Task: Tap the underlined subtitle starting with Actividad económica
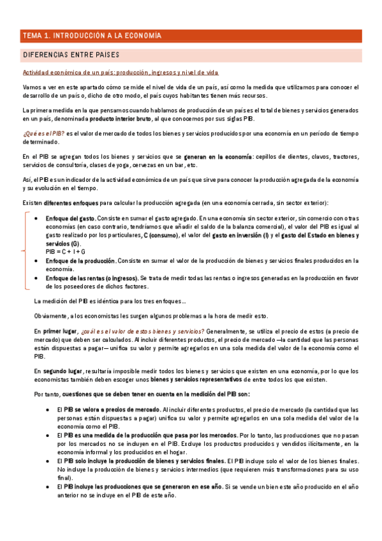click(121, 73)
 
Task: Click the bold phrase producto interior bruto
click(120, 119)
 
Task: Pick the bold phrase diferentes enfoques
click(71, 203)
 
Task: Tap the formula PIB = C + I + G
click(66, 252)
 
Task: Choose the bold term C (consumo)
click(161, 235)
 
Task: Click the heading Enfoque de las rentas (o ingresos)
click(91, 278)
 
